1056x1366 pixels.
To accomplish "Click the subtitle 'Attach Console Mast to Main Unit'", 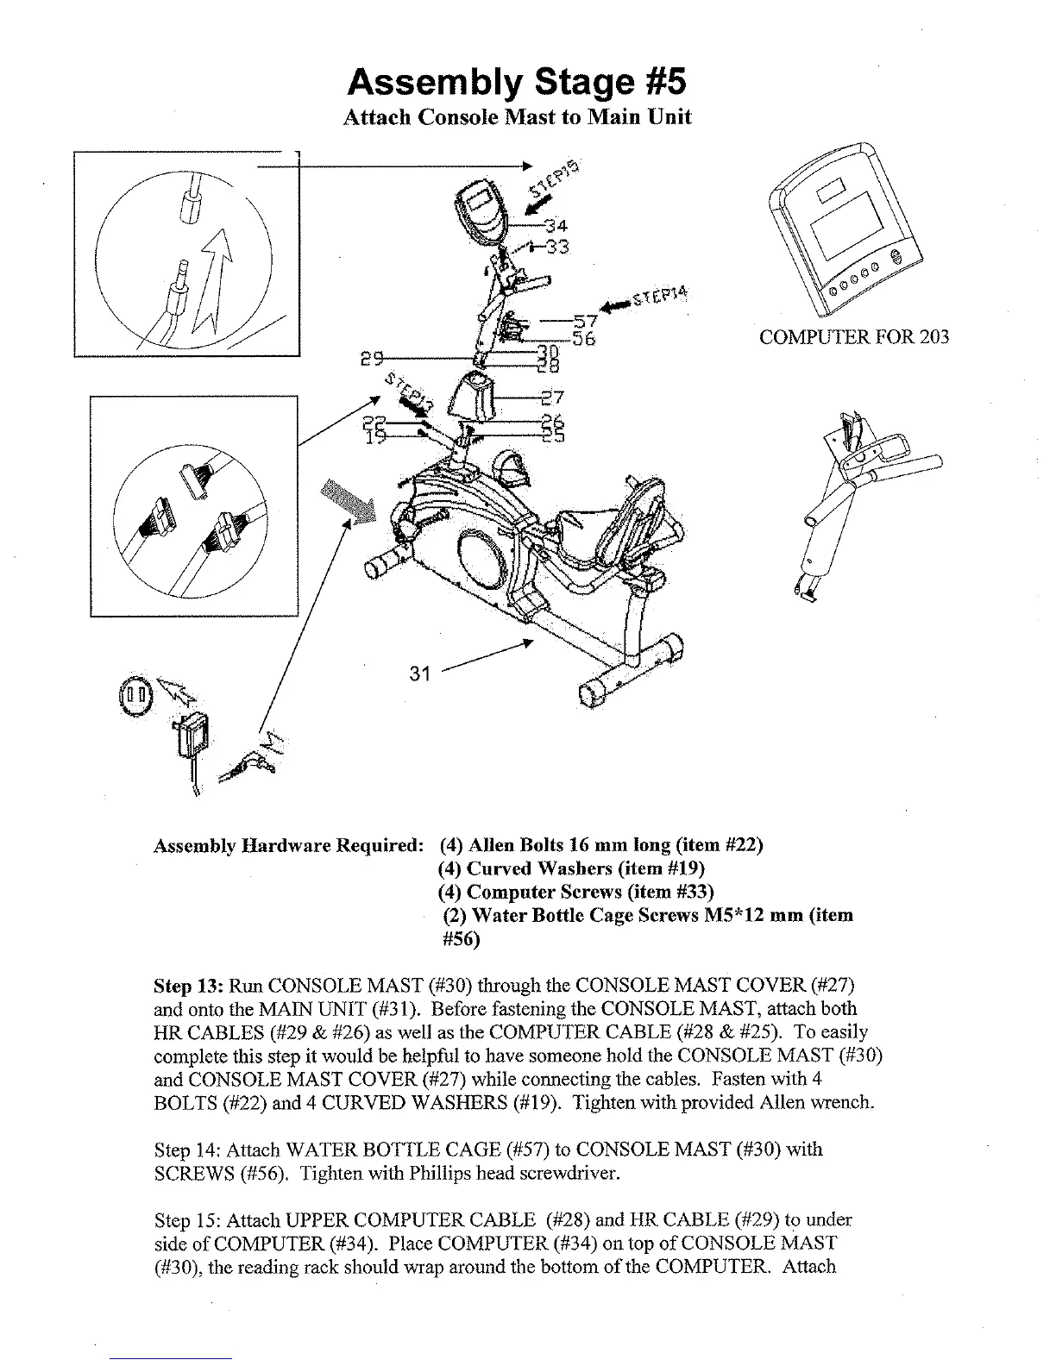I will coord(517,117).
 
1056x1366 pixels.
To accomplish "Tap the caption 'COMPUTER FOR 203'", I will coord(853,337).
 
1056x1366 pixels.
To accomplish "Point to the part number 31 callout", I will coord(419,674).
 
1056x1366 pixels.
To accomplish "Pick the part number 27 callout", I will coord(552,398).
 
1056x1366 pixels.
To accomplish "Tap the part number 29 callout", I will coord(373,356).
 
